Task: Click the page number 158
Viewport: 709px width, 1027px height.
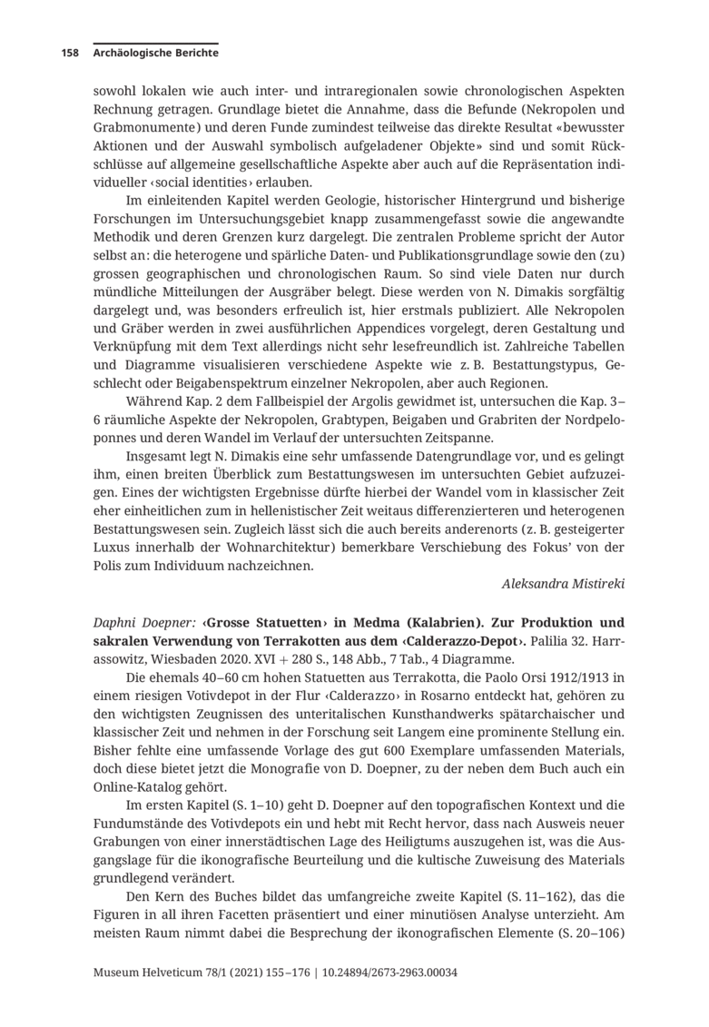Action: [70, 54]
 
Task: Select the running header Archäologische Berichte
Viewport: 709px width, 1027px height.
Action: [155, 54]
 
